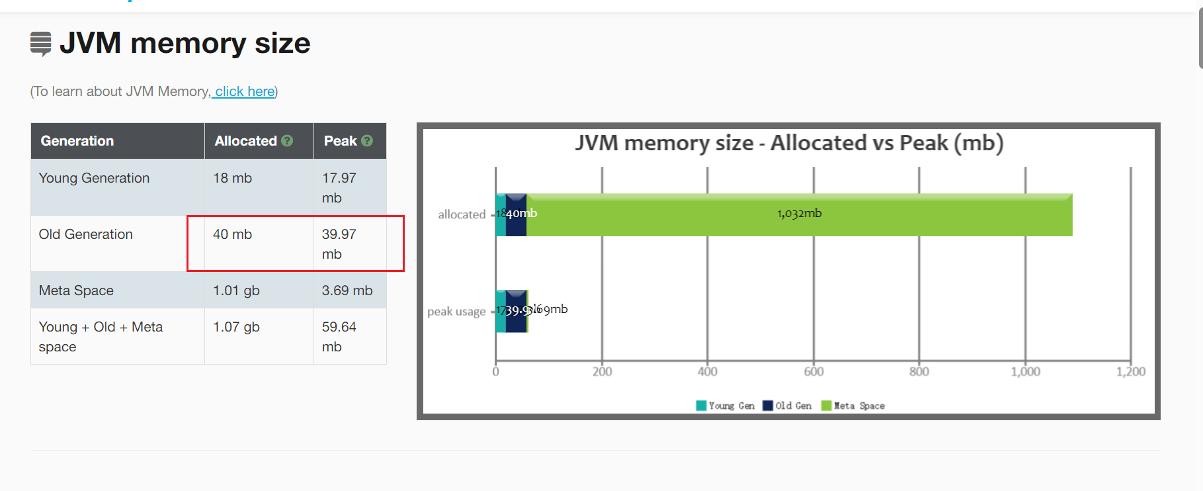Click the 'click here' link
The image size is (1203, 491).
click(x=244, y=91)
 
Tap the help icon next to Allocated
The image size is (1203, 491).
click(x=287, y=141)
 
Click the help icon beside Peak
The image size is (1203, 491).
click(x=367, y=141)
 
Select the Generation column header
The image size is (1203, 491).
click(x=77, y=141)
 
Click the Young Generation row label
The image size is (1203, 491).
click(x=94, y=178)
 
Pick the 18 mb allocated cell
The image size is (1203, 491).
click(x=232, y=178)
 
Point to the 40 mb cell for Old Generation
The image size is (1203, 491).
click(x=232, y=234)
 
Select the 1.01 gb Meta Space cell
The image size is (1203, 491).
click(x=236, y=290)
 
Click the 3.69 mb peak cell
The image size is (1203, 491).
click(x=347, y=290)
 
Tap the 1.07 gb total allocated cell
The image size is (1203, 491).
click(x=236, y=327)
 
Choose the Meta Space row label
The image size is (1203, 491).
click(x=76, y=290)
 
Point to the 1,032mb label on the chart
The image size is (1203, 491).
click(x=799, y=213)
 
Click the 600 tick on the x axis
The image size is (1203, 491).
click(x=813, y=372)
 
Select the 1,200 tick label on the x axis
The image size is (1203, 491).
click(x=1130, y=372)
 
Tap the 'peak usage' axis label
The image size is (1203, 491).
click(x=456, y=311)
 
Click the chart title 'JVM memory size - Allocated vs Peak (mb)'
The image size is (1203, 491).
click(x=788, y=143)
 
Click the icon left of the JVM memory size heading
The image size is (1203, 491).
click(x=41, y=44)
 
